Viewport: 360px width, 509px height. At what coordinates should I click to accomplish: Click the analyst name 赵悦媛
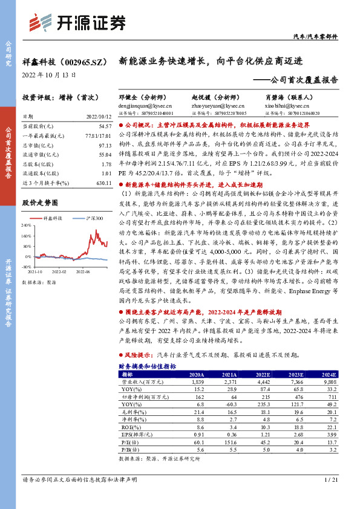tap(201, 96)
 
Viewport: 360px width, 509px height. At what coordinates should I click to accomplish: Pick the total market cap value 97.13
tap(106, 146)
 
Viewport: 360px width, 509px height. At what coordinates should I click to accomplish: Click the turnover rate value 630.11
tap(104, 183)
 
